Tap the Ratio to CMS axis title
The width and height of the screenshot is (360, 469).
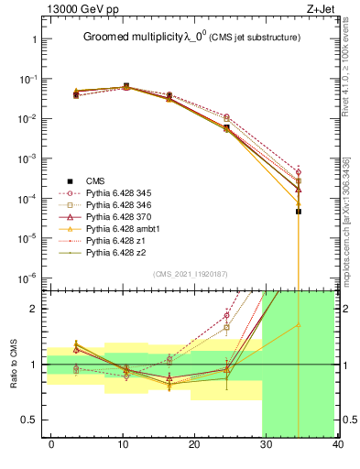tap(16, 365)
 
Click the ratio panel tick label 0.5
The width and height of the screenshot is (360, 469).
tap(27, 420)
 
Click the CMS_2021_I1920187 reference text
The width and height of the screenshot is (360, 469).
tap(190, 274)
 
